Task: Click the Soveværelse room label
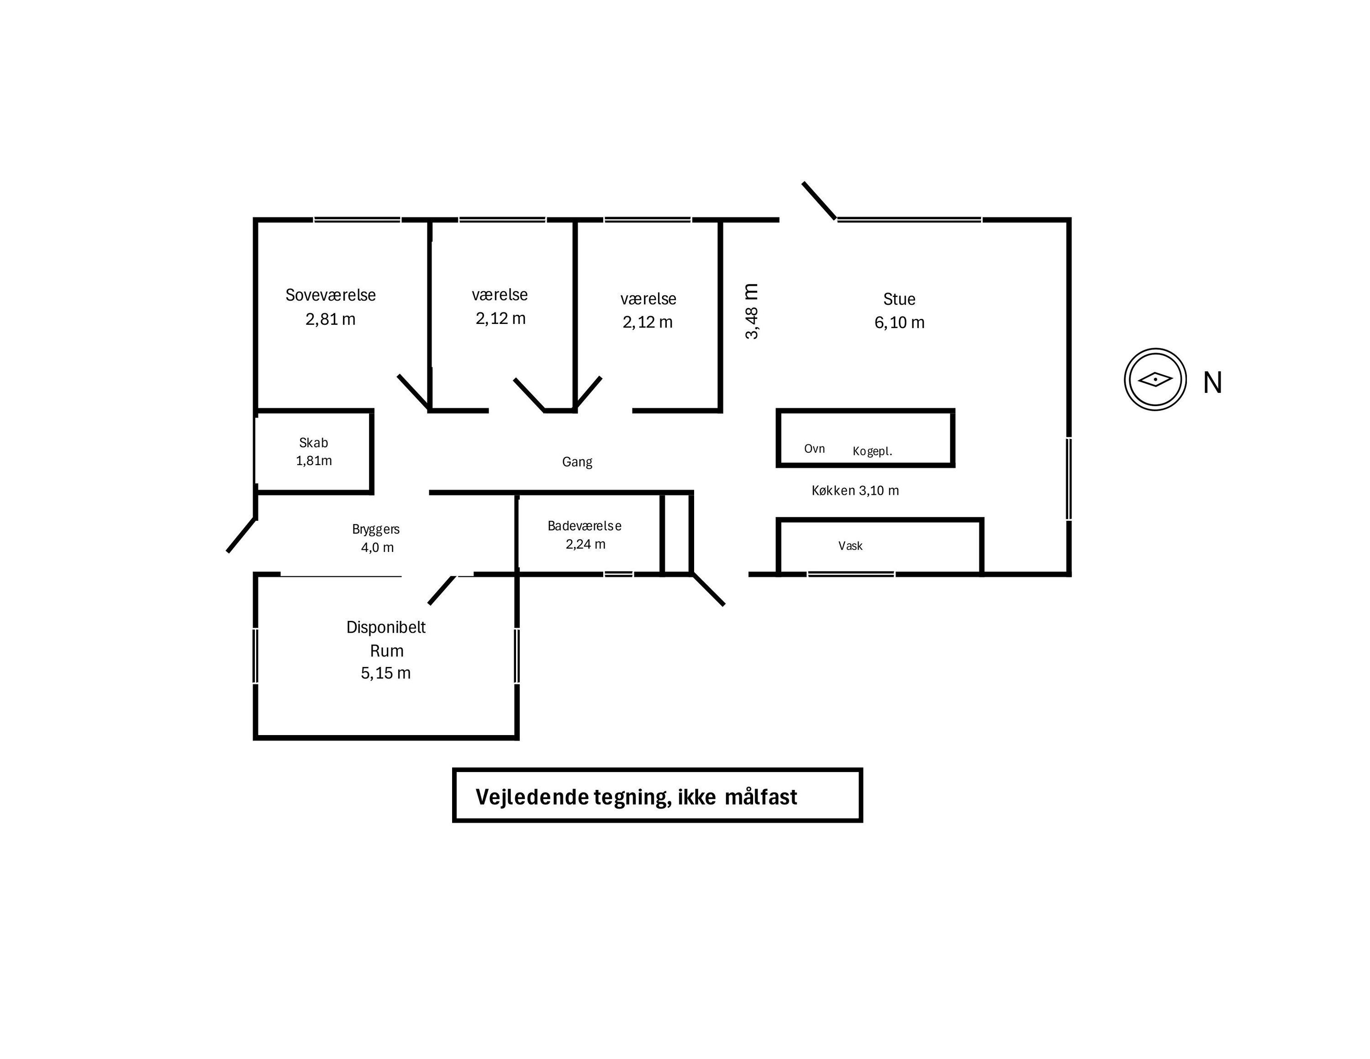331,295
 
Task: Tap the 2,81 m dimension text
331,319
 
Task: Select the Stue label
899,299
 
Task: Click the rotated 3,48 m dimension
752,311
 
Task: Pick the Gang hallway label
577,462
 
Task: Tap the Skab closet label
314,443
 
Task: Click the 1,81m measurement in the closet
314,461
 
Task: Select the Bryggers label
376,529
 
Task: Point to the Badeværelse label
585,526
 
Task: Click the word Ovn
814,449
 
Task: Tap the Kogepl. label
872,451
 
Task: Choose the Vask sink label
851,546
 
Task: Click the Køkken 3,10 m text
855,491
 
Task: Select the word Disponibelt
386,627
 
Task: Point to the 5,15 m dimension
386,673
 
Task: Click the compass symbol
1155,380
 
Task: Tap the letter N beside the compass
1212,383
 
